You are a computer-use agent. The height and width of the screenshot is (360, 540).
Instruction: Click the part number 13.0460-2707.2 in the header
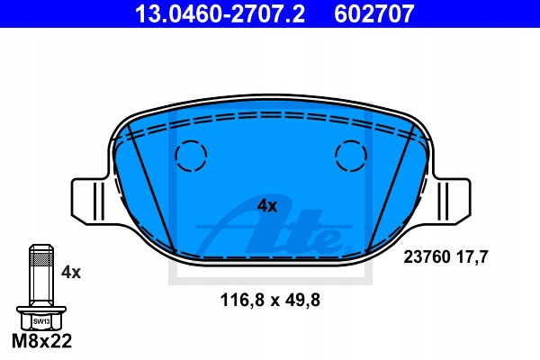[x=220, y=13]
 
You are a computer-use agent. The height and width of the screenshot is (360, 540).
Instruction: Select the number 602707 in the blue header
[x=373, y=13]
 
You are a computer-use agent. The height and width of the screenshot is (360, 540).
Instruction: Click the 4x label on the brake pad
[x=267, y=206]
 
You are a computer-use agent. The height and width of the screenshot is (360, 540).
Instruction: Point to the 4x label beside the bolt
[x=71, y=273]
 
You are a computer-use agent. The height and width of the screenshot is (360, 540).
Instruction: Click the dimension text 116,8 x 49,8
[x=270, y=300]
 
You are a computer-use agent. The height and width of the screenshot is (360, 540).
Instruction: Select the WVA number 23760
[x=427, y=257]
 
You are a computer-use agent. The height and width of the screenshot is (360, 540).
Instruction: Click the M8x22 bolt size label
[x=41, y=341]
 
